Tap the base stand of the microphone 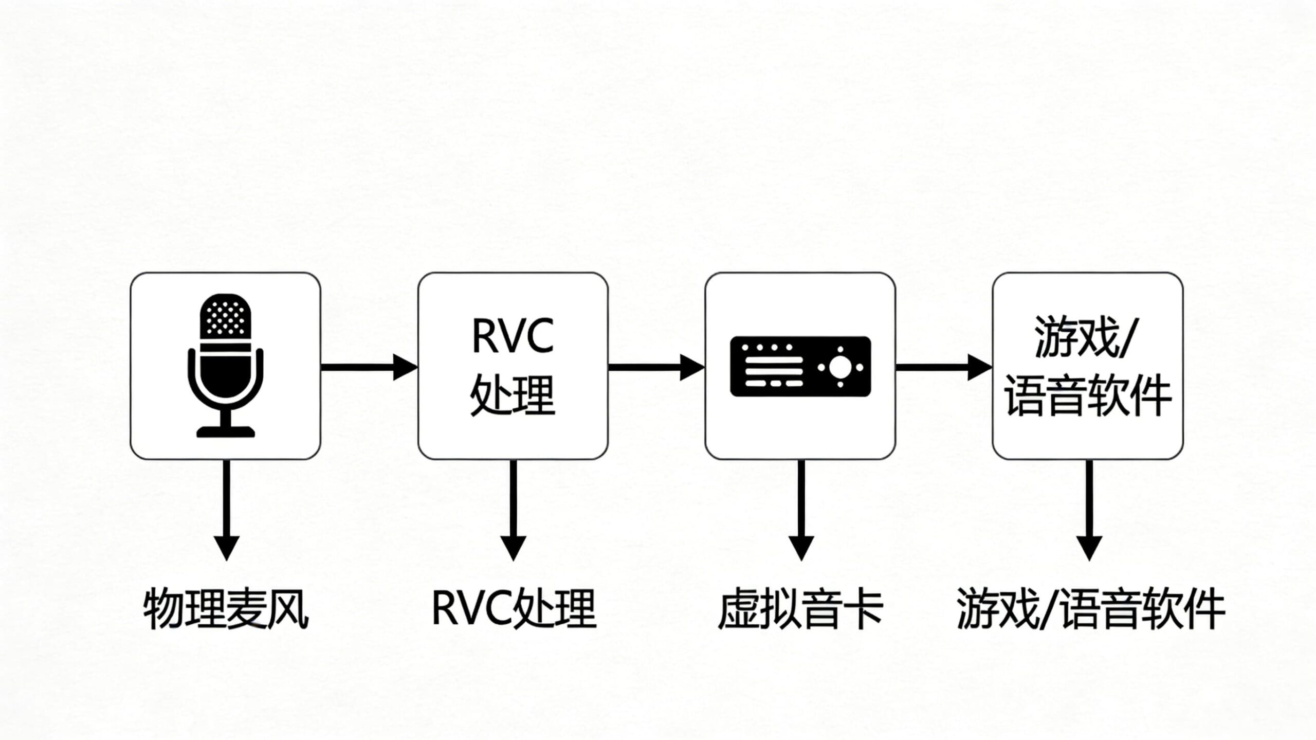225,431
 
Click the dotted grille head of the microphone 225,316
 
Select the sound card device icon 800,367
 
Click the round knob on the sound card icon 840,367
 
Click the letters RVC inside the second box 513,336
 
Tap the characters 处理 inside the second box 513,395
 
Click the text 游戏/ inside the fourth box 1087,337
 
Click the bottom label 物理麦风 226,609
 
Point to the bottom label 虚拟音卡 800,609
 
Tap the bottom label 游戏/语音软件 1090,609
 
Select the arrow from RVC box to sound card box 656,367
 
